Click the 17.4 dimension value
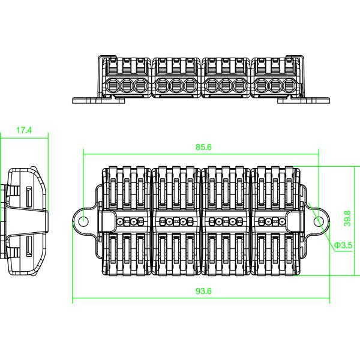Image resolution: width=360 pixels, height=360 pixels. coord(24,130)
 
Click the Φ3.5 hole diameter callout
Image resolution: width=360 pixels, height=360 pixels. coord(343,245)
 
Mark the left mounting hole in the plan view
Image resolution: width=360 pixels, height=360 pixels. coord(83,221)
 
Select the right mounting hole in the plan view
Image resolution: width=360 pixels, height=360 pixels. coord(319,221)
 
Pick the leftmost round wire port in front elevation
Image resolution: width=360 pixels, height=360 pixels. coord(112,85)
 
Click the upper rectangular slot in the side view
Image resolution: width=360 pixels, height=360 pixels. coord(28,195)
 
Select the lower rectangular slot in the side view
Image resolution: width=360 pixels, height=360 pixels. coord(28,245)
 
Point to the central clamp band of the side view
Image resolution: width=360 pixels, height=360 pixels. coord(27,220)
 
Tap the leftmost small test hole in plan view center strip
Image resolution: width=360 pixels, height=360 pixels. coord(120,221)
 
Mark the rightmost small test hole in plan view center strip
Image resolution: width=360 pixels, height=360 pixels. coord(283,221)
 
